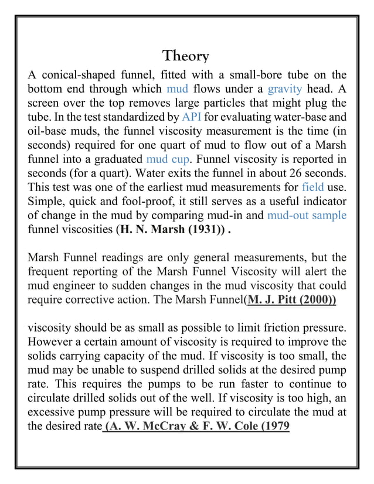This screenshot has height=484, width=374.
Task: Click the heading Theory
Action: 185,56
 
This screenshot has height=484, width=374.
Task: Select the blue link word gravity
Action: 284,90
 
